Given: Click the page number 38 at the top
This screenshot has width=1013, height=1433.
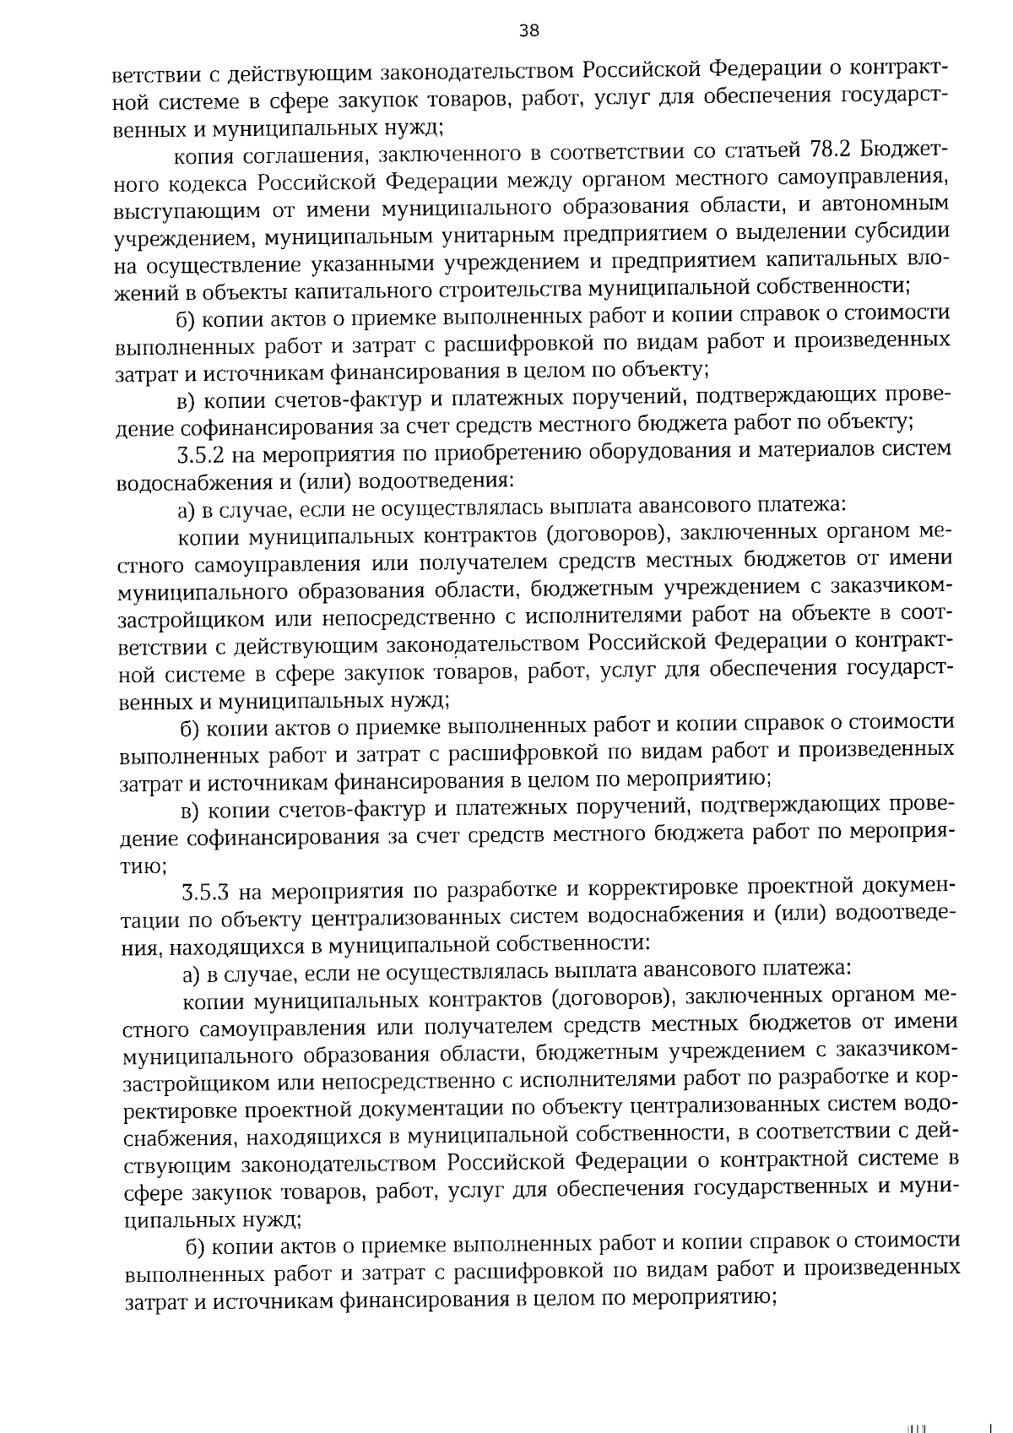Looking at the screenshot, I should [528, 31].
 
